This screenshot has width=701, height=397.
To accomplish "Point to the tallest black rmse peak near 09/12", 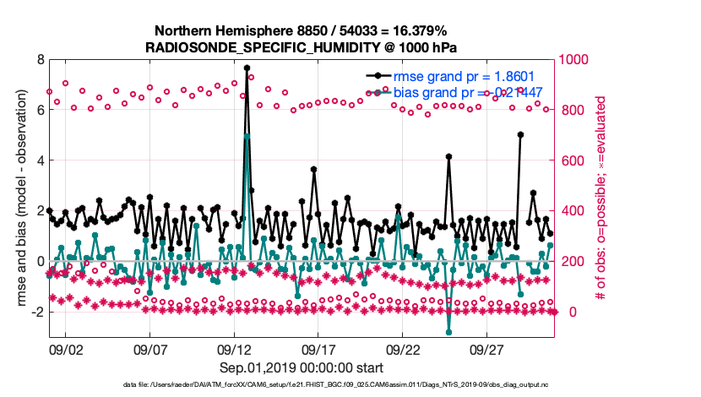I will [x=247, y=68].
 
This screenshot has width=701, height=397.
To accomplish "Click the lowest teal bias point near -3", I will [x=449, y=332].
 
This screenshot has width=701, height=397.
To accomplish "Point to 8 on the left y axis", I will [x=39, y=59].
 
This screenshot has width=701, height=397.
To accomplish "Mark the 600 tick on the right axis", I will [x=571, y=160].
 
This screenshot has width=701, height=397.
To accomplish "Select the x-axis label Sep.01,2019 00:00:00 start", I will [x=301, y=368].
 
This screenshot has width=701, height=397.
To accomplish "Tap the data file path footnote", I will [x=301, y=385].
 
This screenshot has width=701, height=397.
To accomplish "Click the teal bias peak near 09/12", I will [x=247, y=135].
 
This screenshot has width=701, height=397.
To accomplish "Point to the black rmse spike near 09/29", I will [x=520, y=134].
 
